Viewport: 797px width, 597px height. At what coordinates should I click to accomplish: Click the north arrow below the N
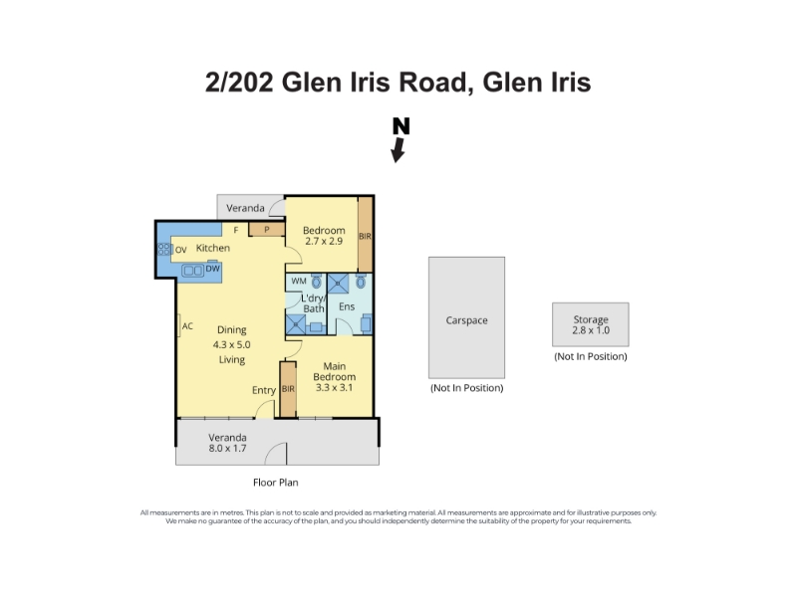398,150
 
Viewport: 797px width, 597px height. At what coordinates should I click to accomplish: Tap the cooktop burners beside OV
164,249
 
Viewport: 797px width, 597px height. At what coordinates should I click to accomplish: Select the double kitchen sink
193,270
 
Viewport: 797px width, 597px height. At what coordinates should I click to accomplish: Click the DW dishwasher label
212,268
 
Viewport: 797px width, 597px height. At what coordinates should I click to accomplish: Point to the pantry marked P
266,230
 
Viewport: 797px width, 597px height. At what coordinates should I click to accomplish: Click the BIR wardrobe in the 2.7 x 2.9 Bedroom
365,235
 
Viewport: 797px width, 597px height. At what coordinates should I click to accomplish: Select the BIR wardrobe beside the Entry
288,389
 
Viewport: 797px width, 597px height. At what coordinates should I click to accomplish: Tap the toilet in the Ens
361,282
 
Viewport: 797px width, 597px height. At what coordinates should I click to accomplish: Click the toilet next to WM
316,282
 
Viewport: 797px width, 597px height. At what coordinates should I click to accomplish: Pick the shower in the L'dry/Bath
296,324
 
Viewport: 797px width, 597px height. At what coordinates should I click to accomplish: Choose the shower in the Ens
338,284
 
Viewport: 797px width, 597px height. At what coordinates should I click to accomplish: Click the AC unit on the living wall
179,326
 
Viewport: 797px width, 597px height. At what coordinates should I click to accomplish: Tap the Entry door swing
264,409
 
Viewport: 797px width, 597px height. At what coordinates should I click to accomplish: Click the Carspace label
466,320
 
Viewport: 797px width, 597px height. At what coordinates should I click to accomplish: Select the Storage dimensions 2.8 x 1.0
591,330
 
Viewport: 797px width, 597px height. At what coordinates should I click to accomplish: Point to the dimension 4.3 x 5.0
232,344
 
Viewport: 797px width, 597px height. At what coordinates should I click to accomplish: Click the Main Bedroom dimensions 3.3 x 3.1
334,387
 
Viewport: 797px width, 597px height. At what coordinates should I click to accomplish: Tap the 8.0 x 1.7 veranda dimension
227,449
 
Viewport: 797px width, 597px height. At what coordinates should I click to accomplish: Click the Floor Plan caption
276,483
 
